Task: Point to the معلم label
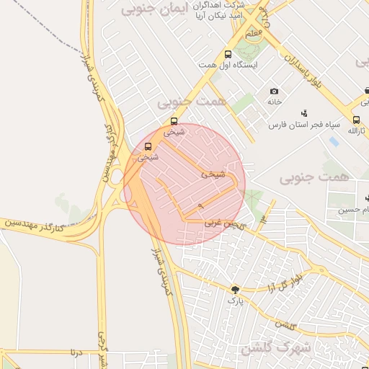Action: click(x=254, y=34)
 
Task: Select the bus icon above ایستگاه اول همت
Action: click(x=228, y=54)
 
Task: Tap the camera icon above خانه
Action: click(x=274, y=91)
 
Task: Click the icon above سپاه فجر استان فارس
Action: click(x=304, y=112)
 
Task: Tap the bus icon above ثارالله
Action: click(x=356, y=120)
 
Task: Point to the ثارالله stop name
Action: click(x=357, y=130)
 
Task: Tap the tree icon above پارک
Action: click(x=234, y=289)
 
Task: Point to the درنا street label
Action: click(x=75, y=352)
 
